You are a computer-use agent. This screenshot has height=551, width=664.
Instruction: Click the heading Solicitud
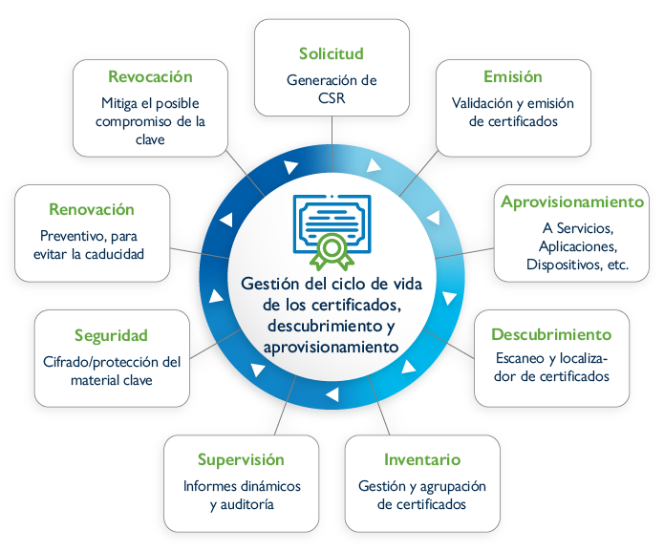[x=331, y=53]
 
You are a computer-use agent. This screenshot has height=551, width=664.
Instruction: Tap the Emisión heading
[x=512, y=77]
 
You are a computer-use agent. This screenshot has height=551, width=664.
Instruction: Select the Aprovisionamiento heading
[x=572, y=201]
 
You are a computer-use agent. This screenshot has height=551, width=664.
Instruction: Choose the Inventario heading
[x=422, y=459]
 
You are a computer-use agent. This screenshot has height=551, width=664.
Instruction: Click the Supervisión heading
[x=241, y=459]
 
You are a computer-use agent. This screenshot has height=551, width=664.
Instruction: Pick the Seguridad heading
[x=111, y=335]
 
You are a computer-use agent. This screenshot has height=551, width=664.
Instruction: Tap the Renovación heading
[x=91, y=209]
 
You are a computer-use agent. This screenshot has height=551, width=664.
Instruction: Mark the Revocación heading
[x=150, y=76]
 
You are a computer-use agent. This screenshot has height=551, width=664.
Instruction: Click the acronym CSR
[x=331, y=97]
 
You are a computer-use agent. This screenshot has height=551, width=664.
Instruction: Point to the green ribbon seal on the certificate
[x=332, y=250]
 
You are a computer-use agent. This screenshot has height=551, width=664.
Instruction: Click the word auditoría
[x=252, y=503]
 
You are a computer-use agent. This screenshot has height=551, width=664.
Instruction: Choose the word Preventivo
[x=72, y=236]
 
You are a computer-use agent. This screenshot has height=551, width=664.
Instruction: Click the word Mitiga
[x=121, y=103]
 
